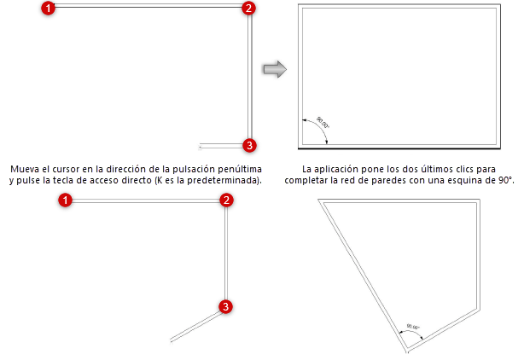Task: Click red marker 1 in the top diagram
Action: pos(49,9)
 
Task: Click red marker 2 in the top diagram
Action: pos(248,9)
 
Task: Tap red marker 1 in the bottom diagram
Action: pos(66,200)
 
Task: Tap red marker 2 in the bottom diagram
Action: pos(226,200)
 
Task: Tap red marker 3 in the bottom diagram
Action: pos(225,306)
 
